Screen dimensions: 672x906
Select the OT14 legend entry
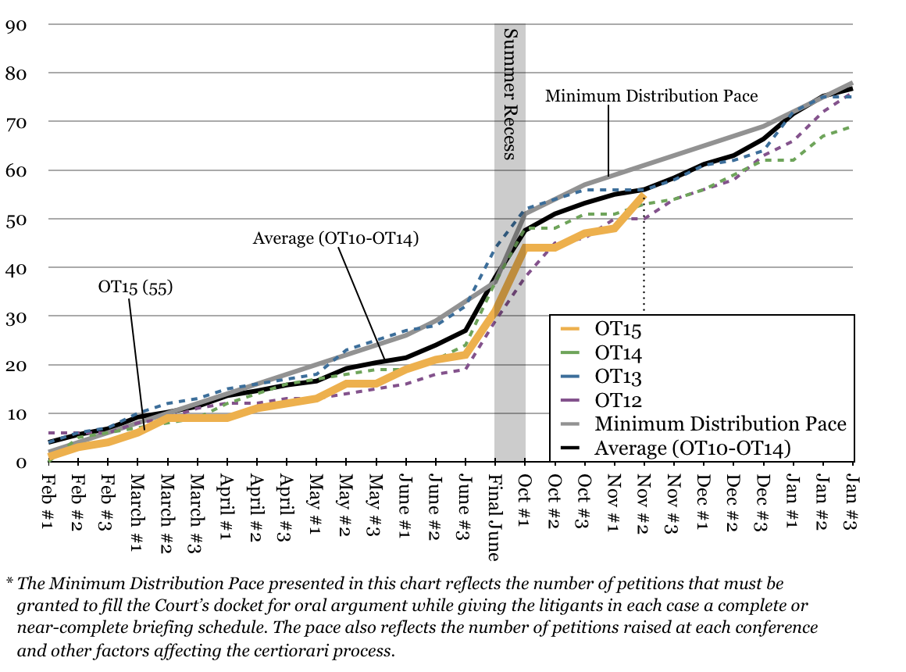click(618, 354)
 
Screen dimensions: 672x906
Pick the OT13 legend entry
click(618, 377)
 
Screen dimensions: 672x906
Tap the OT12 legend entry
click(618, 401)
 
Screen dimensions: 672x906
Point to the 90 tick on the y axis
click(16, 25)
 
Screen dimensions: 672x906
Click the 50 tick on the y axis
click(16, 220)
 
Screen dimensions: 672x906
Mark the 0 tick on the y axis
click(21, 462)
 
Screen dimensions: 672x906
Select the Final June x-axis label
click(495, 517)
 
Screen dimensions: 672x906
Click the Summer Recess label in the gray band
click(509, 94)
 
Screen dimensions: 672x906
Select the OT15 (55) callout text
click(134, 287)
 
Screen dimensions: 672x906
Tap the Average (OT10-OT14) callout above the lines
click(336, 238)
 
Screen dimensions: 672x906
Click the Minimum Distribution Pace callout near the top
click(651, 96)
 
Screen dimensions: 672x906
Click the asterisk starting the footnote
click(10, 582)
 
